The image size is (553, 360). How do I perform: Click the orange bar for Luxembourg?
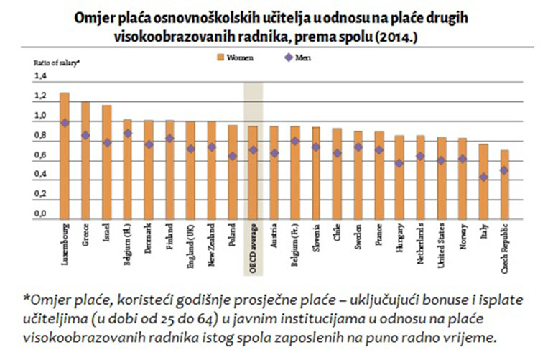click(x=64, y=154)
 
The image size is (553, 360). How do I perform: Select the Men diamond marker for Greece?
click(x=85, y=135)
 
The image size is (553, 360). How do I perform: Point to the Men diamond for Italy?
click(x=484, y=177)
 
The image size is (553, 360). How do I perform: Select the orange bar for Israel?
click(x=106, y=161)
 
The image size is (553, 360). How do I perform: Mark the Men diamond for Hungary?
click(x=400, y=163)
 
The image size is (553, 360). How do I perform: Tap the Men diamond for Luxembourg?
click(x=64, y=123)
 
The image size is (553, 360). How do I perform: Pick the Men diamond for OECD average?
click(x=253, y=150)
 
